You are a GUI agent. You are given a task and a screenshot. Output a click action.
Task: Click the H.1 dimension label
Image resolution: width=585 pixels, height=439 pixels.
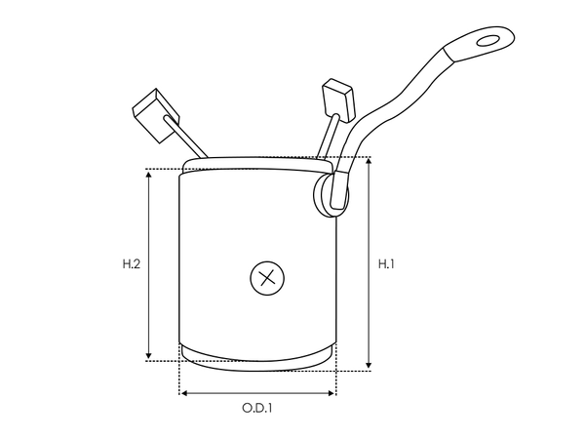386,263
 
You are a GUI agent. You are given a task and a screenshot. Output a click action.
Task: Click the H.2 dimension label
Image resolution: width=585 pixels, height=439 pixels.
132,263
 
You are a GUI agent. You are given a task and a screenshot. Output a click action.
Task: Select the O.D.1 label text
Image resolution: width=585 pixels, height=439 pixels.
256,408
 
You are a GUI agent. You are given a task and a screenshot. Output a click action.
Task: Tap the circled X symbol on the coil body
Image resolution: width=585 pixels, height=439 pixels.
266,278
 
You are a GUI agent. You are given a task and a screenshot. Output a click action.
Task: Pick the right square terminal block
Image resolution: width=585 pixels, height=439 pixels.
337,97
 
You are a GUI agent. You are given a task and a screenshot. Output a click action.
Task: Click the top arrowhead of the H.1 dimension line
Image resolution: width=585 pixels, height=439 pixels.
369,161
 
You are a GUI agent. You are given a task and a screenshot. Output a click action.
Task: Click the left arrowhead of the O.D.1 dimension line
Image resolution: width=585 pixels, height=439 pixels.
183,393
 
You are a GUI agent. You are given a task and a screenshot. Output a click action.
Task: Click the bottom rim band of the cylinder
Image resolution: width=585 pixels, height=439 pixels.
257,356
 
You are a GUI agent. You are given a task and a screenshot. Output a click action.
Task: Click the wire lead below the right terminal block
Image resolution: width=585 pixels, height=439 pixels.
328,137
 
